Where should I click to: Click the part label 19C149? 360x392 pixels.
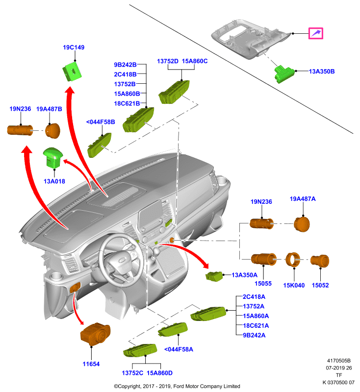(x=74, y=47)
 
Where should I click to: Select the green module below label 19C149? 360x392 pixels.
(x=72, y=72)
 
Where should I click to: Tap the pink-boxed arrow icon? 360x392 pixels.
(x=316, y=33)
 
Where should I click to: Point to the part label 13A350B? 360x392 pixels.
(x=322, y=72)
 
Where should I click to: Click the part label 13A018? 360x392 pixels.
(x=54, y=181)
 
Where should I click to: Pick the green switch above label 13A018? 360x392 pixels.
(x=53, y=157)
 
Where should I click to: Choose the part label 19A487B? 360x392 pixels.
(x=49, y=109)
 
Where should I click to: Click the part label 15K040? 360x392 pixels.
(x=294, y=285)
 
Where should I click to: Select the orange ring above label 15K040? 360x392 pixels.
(x=293, y=260)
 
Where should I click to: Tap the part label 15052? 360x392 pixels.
(x=320, y=285)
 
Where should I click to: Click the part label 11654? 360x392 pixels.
(x=91, y=364)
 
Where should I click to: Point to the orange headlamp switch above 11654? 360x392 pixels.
(x=95, y=334)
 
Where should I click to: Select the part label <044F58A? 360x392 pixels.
(x=179, y=349)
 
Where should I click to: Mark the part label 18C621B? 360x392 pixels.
(x=127, y=103)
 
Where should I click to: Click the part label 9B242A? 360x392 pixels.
(x=254, y=335)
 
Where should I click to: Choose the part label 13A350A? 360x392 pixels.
(x=244, y=275)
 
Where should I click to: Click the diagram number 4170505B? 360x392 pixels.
(x=339, y=361)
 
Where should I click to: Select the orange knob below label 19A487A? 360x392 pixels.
(x=302, y=224)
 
